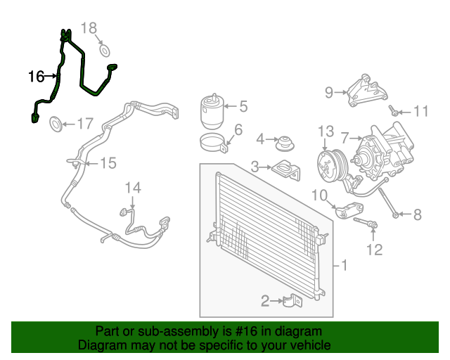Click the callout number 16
[37, 77]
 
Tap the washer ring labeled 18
[105, 51]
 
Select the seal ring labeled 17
[56, 124]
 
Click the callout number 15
[108, 163]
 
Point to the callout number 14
[133, 188]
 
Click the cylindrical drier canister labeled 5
[212, 111]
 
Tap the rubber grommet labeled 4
[285, 143]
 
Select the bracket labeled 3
[286, 170]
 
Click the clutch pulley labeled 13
[333, 166]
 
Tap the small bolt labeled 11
[393, 110]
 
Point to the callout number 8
[417, 214]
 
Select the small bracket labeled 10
[349, 210]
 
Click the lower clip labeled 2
[292, 301]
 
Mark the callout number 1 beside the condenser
[344, 265]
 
